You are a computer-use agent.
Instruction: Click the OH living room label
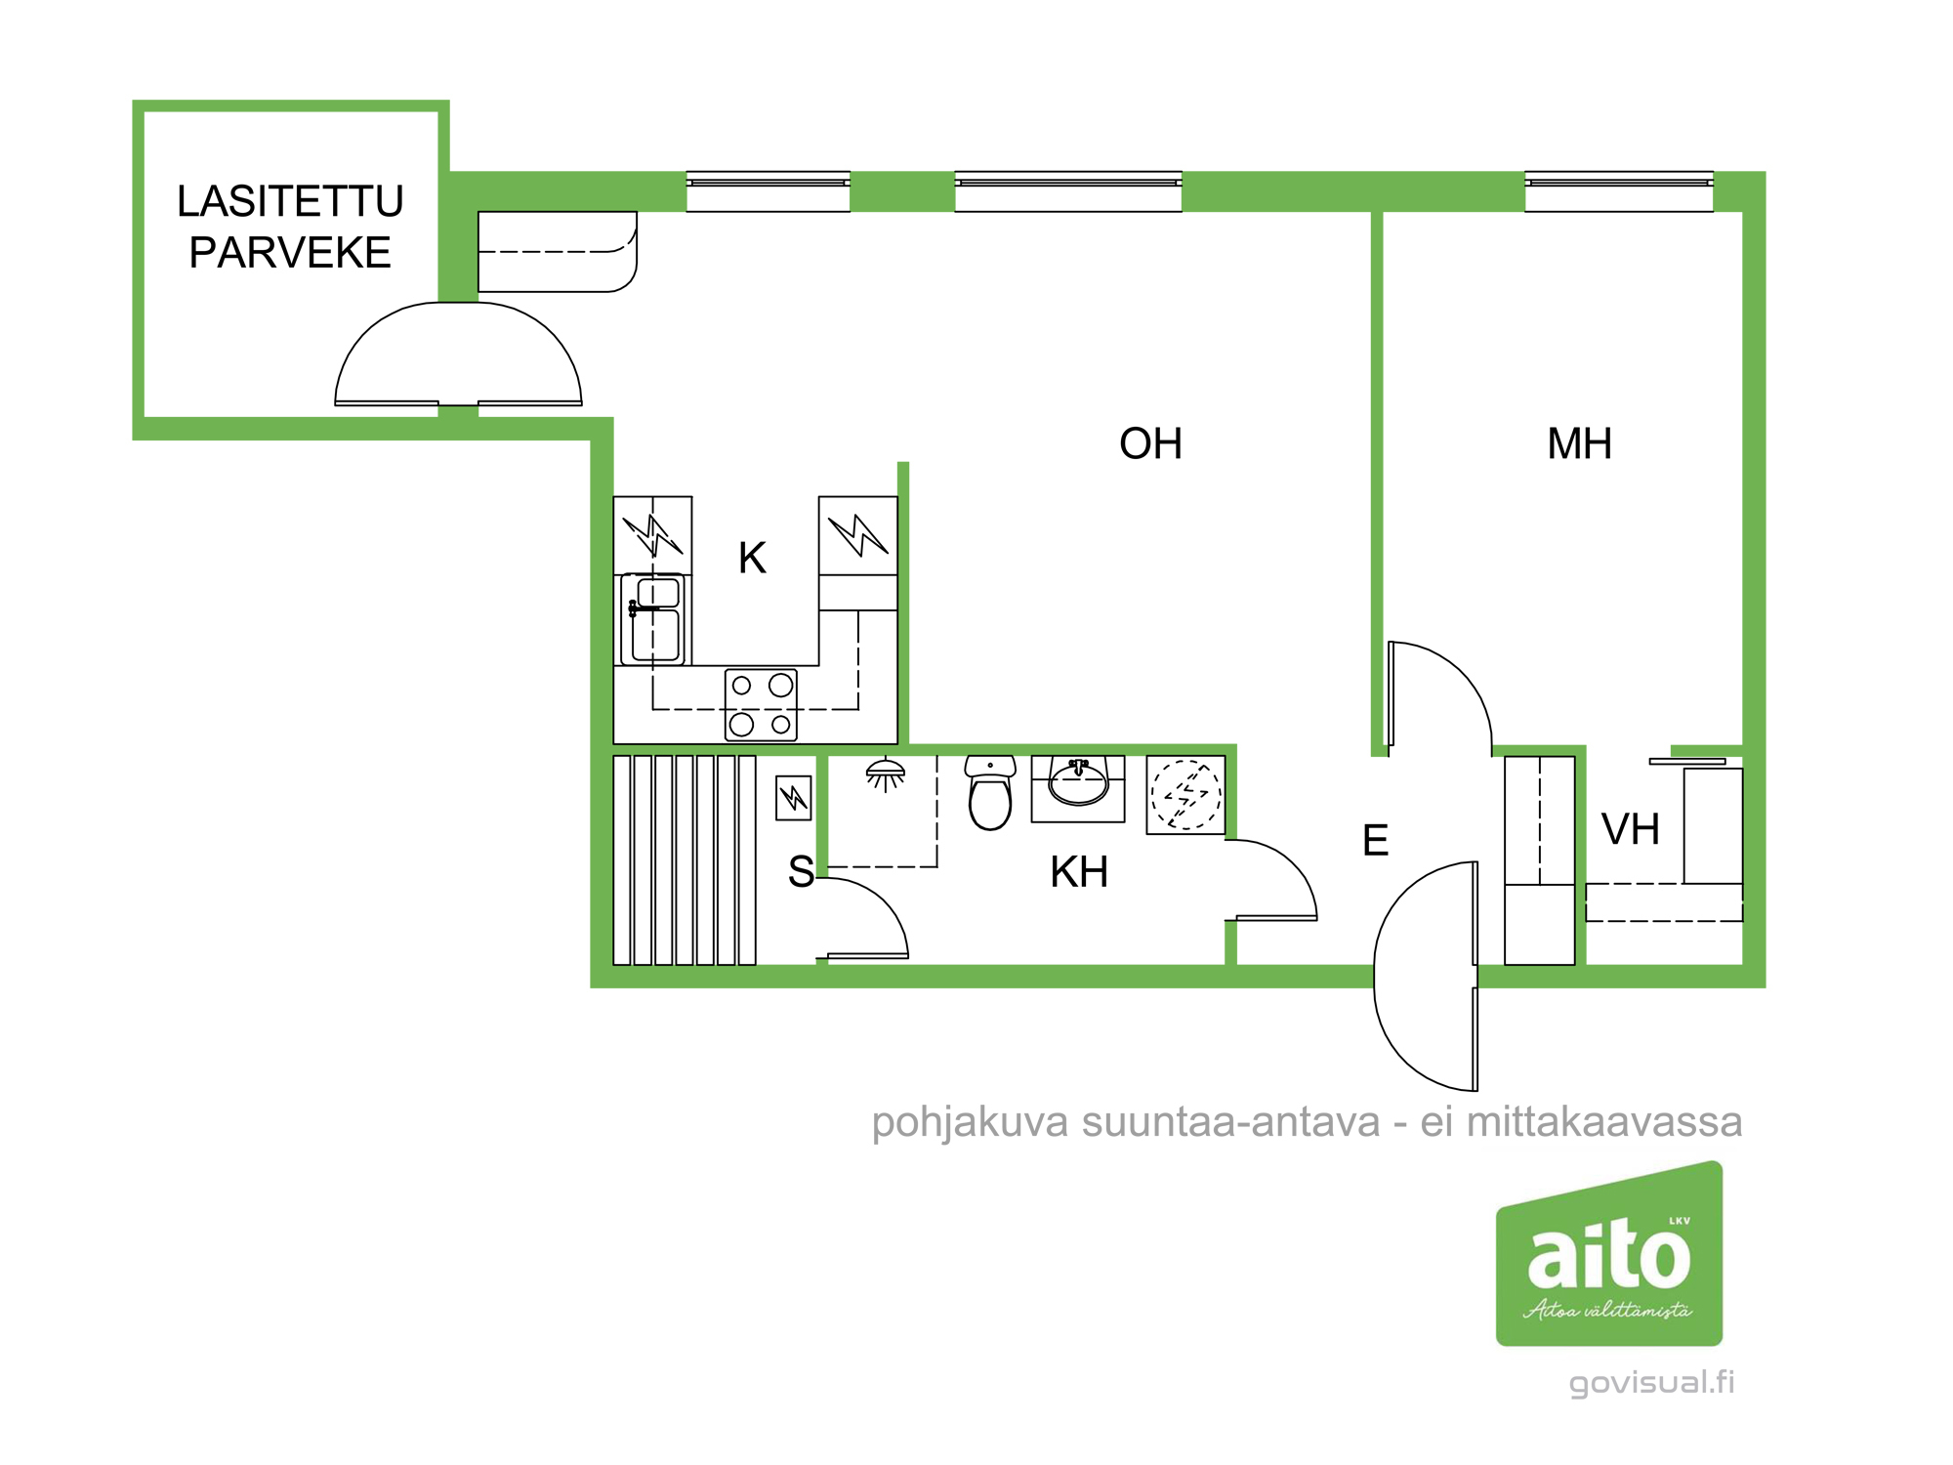point(1150,444)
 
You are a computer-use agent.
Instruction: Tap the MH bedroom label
point(1579,444)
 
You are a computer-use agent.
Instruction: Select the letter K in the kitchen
point(752,559)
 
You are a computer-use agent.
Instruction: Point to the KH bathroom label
point(1079,872)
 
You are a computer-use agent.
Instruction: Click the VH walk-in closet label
point(1630,830)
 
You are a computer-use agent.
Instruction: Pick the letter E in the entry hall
point(1375,841)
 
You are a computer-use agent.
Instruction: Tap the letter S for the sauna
point(801,872)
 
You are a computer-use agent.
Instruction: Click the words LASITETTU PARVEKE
point(290,227)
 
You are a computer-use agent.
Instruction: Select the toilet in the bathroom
point(990,793)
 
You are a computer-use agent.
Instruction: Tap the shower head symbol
point(886,774)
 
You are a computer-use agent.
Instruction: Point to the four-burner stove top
point(761,704)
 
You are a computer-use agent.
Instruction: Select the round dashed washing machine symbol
point(1185,795)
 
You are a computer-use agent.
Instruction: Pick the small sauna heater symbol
point(794,798)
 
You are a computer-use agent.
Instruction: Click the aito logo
point(1608,1254)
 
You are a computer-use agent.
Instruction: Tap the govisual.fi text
point(1651,1382)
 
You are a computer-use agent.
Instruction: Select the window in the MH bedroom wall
point(1618,190)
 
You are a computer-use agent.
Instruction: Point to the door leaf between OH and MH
point(1391,693)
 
